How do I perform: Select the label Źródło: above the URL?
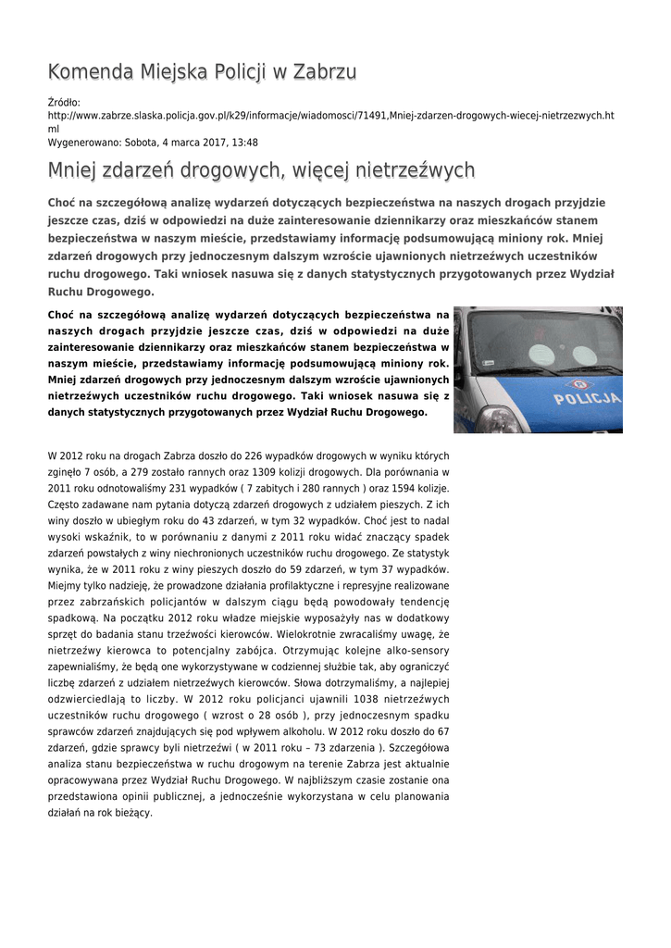tap(64, 103)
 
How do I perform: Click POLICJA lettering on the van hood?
tap(587, 399)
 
